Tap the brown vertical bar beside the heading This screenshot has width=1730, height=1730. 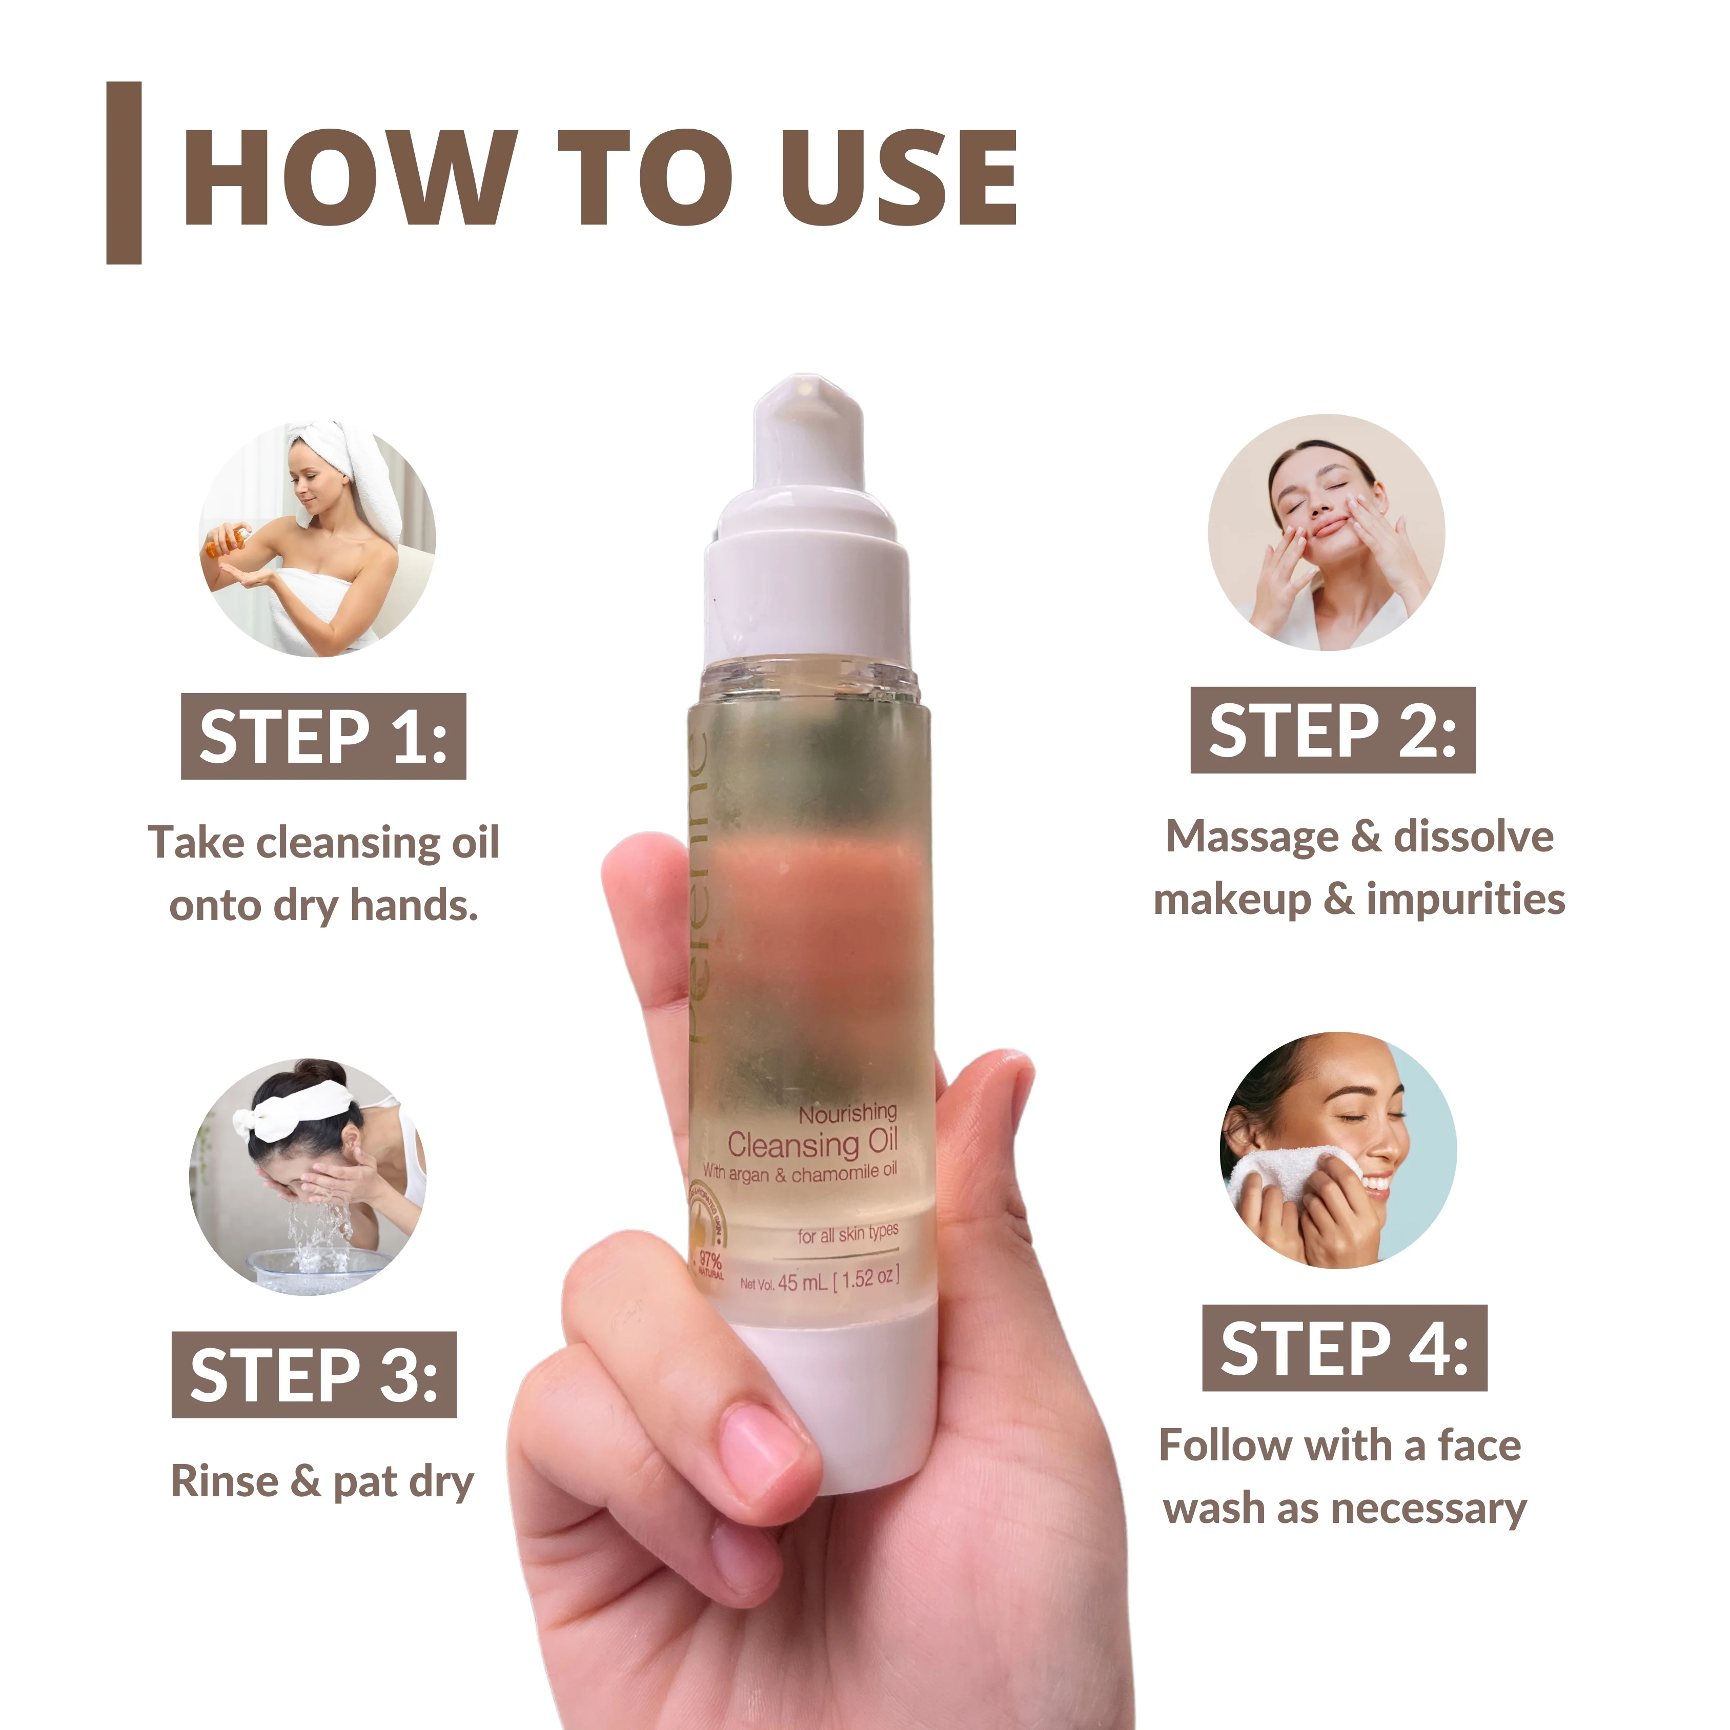[124, 173]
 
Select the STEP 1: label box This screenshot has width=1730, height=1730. [323, 736]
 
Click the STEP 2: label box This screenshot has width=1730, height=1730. [1332, 730]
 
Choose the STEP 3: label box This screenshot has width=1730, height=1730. [314, 1374]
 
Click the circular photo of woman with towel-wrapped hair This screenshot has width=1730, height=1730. [317, 539]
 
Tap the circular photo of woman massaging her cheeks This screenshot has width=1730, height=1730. [1326, 533]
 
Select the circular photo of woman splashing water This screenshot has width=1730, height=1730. [308, 1176]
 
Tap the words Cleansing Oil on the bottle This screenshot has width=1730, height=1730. [812, 1144]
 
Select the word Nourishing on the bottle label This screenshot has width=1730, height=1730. [847, 1113]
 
